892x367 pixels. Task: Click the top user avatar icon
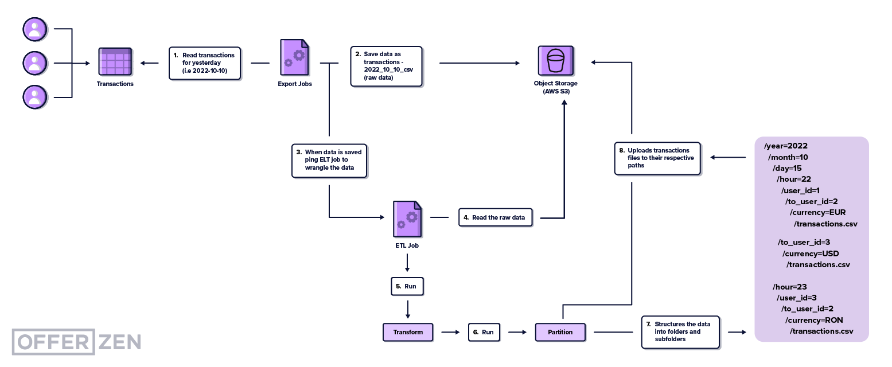coord(35,29)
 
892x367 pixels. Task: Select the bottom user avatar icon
coord(35,97)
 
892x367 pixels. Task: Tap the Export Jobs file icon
coord(295,58)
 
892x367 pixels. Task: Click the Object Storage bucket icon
coord(555,60)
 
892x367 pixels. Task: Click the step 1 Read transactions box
coord(205,63)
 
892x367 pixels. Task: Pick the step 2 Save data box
coord(387,66)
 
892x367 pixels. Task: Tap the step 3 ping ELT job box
coord(329,161)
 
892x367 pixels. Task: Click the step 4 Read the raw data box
coord(496,218)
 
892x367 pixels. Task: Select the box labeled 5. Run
coord(407,286)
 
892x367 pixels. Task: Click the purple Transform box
coord(408,332)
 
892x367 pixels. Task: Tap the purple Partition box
coord(560,332)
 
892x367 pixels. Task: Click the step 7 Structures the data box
coord(680,331)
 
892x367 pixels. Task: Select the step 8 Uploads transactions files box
coord(657,158)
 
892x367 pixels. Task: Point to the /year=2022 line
coord(786,146)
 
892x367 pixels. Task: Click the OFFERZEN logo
coord(76,342)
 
